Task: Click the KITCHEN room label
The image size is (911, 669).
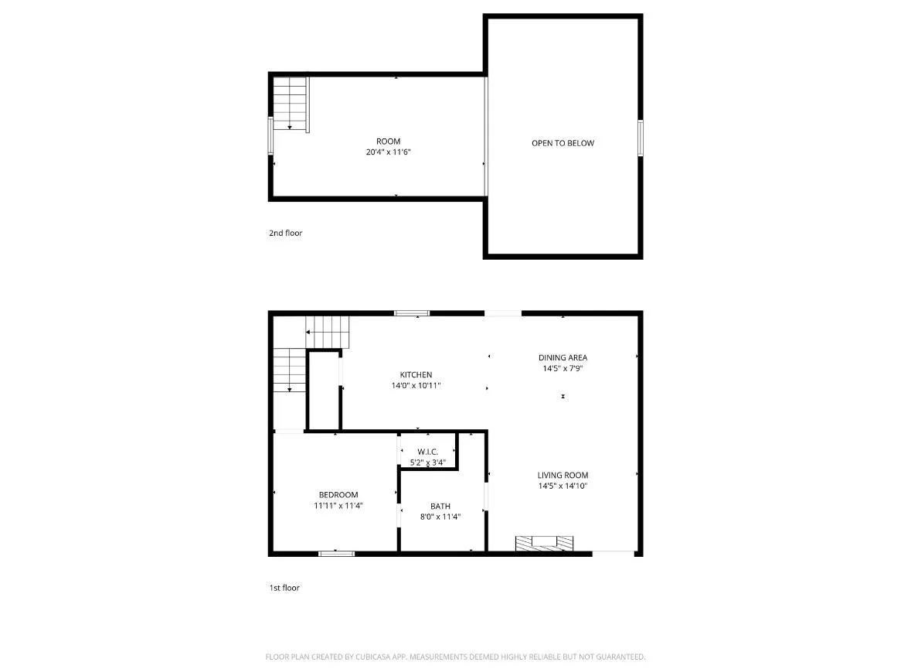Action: click(416, 375)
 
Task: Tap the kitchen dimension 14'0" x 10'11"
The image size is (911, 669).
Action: click(416, 385)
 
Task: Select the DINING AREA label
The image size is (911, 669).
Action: click(563, 357)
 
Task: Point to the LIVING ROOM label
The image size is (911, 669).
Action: click(563, 476)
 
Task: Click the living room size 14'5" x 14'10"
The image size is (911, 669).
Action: click(563, 486)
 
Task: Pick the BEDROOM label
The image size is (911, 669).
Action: click(338, 495)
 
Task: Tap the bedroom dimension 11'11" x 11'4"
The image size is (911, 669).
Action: click(338, 506)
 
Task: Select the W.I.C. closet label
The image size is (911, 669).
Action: click(428, 452)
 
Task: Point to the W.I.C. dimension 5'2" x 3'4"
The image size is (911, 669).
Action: click(428, 462)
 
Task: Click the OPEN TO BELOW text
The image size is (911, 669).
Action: click(563, 143)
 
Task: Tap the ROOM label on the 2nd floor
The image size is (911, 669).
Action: click(388, 141)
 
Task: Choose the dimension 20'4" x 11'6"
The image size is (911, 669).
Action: click(388, 152)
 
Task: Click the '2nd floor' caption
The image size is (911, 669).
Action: click(285, 233)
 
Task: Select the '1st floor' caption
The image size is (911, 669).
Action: click(284, 588)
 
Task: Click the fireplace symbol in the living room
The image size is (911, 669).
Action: click(545, 543)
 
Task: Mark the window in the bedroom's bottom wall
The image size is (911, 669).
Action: click(337, 553)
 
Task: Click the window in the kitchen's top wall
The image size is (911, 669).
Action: click(412, 312)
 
